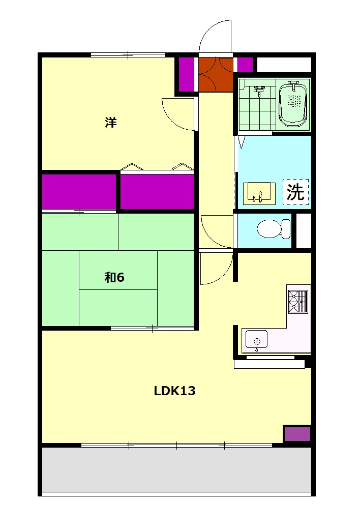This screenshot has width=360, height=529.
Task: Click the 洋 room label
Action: pyautogui.click(x=111, y=122)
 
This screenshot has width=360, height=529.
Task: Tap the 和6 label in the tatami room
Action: pyautogui.click(x=114, y=277)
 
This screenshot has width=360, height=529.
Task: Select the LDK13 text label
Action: pyautogui.click(x=174, y=391)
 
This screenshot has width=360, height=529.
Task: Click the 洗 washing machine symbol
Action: pyautogui.click(x=295, y=192)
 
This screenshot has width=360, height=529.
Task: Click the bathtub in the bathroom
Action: pyautogui.click(x=293, y=104)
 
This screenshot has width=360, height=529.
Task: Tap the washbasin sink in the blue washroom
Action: pyautogui.click(x=259, y=193)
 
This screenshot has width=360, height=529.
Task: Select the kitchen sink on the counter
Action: pyautogui.click(x=256, y=340)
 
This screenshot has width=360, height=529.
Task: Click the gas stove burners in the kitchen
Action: pyautogui.click(x=298, y=302)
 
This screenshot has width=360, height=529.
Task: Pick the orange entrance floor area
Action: pyautogui.click(x=216, y=74)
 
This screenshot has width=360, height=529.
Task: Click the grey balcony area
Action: pyautogui.click(x=176, y=469)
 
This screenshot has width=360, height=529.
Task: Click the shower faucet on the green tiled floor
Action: pyautogui.click(x=259, y=91)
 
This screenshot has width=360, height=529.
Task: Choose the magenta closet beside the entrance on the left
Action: pyautogui.click(x=186, y=75)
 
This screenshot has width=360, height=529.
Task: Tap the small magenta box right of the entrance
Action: pyautogui.click(x=245, y=65)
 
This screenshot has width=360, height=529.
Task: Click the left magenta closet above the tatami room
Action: pyautogui.click(x=79, y=191)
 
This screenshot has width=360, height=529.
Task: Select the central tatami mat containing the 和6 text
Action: pyautogui.click(x=118, y=270)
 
